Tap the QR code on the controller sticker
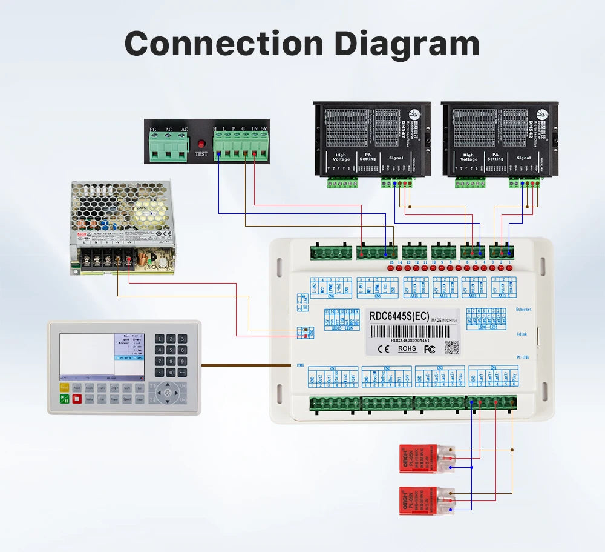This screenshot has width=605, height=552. point(451,347)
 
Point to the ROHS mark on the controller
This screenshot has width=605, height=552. point(408,348)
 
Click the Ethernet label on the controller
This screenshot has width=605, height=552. point(524,309)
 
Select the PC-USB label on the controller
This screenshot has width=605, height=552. point(524,358)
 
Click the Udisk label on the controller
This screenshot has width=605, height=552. point(522,334)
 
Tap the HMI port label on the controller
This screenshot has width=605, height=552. point(300,365)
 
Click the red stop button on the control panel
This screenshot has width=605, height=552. point(77,399)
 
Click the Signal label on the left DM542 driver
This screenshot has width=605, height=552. point(396,158)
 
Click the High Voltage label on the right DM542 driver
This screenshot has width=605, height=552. point(468,157)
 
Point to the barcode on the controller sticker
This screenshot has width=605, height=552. point(412,331)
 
